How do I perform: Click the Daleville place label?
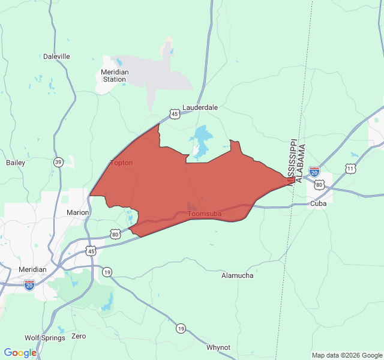pyautogui.click(x=56, y=56)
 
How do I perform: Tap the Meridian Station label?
pyautogui.click(x=114, y=75)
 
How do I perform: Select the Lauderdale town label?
pyautogui.click(x=200, y=107)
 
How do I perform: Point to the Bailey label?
pyautogui.click(x=15, y=163)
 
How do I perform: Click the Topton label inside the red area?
pyautogui.click(x=122, y=163)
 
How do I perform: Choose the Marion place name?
pyautogui.click(x=77, y=212)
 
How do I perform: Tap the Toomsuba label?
pyautogui.click(x=205, y=214)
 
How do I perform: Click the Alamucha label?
pyautogui.click(x=237, y=275)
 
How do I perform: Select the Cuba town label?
pyautogui.click(x=318, y=204)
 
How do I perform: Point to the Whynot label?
pyautogui.click(x=218, y=347)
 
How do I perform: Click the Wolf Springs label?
pyautogui.click(x=44, y=338)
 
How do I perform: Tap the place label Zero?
pyautogui.click(x=79, y=336)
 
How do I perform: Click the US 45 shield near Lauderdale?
pyautogui.click(x=174, y=113)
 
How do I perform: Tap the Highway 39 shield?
pyautogui.click(x=58, y=162)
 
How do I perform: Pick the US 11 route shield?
pyautogui.click(x=350, y=169)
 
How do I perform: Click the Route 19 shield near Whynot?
pyautogui.click(x=181, y=328)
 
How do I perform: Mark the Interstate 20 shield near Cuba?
pyautogui.click(x=314, y=172)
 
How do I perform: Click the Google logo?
pyautogui.click(x=20, y=353)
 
